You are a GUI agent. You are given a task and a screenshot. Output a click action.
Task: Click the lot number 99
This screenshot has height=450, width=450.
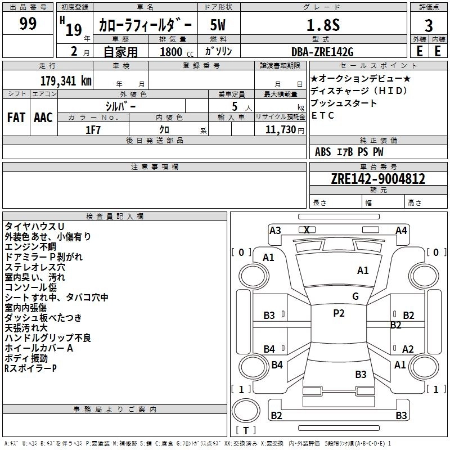pyautogui.click(x=28, y=24)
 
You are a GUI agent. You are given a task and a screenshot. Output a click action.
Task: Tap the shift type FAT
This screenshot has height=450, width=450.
pyautogui.click(x=16, y=117)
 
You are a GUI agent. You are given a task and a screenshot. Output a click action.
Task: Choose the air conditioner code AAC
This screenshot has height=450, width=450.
pyautogui.click(x=43, y=117)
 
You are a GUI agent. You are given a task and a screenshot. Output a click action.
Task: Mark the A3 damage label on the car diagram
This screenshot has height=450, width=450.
pyautogui.click(x=275, y=230)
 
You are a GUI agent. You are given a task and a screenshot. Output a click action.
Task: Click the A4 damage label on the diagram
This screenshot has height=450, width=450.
pyautogui.click(x=401, y=230)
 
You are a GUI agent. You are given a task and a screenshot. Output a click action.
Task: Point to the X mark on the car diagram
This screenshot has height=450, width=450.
pyautogui.click(x=307, y=229)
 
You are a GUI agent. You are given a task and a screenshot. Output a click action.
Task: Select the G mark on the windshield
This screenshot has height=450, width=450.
pyautogui.click(x=355, y=296)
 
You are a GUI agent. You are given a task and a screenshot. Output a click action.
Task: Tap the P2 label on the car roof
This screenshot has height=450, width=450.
pyautogui.click(x=339, y=313)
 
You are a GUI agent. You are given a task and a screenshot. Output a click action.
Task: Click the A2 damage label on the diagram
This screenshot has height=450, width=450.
pyautogui.click(x=408, y=349)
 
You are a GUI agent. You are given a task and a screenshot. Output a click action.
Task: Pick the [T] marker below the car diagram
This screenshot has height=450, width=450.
pyautogui.click(x=246, y=430)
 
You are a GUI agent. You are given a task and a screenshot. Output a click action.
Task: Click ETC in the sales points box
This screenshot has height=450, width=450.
pyautogui.click(x=323, y=115)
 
